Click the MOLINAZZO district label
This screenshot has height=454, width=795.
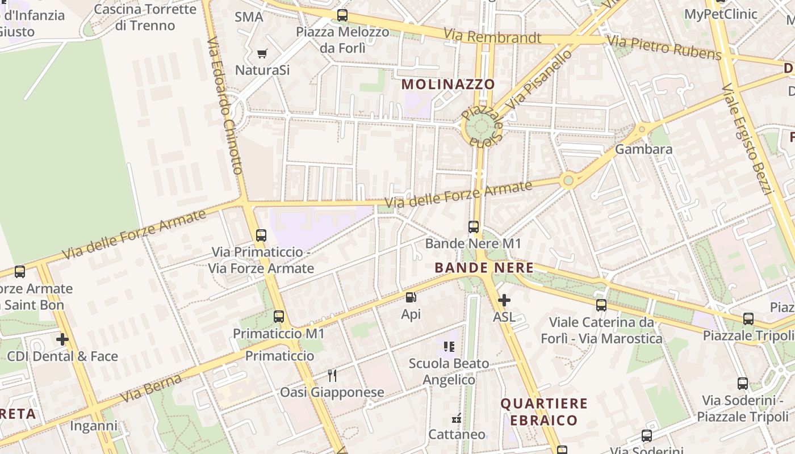point(448,85)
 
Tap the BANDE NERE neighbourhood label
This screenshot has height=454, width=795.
point(484,268)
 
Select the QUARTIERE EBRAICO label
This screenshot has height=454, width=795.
point(543,412)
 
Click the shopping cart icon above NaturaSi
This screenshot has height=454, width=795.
point(262,54)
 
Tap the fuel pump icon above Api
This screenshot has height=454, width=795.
point(411,297)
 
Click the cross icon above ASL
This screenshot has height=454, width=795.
point(504,300)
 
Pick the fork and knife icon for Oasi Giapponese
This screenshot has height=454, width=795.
point(332,375)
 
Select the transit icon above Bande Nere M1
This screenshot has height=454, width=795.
point(473,227)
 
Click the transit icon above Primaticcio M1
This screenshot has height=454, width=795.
point(278,317)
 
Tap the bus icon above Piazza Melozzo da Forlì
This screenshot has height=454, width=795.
point(342,15)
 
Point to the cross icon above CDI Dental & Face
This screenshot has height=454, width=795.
point(62,339)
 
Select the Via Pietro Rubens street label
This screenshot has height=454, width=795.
point(664,47)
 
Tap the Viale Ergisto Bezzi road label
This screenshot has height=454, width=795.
point(748,138)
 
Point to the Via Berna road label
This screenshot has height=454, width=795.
point(151,388)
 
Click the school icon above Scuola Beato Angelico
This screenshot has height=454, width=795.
point(449,346)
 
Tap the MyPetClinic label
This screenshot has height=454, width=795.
point(721,14)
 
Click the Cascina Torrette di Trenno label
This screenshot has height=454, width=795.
point(145,17)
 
